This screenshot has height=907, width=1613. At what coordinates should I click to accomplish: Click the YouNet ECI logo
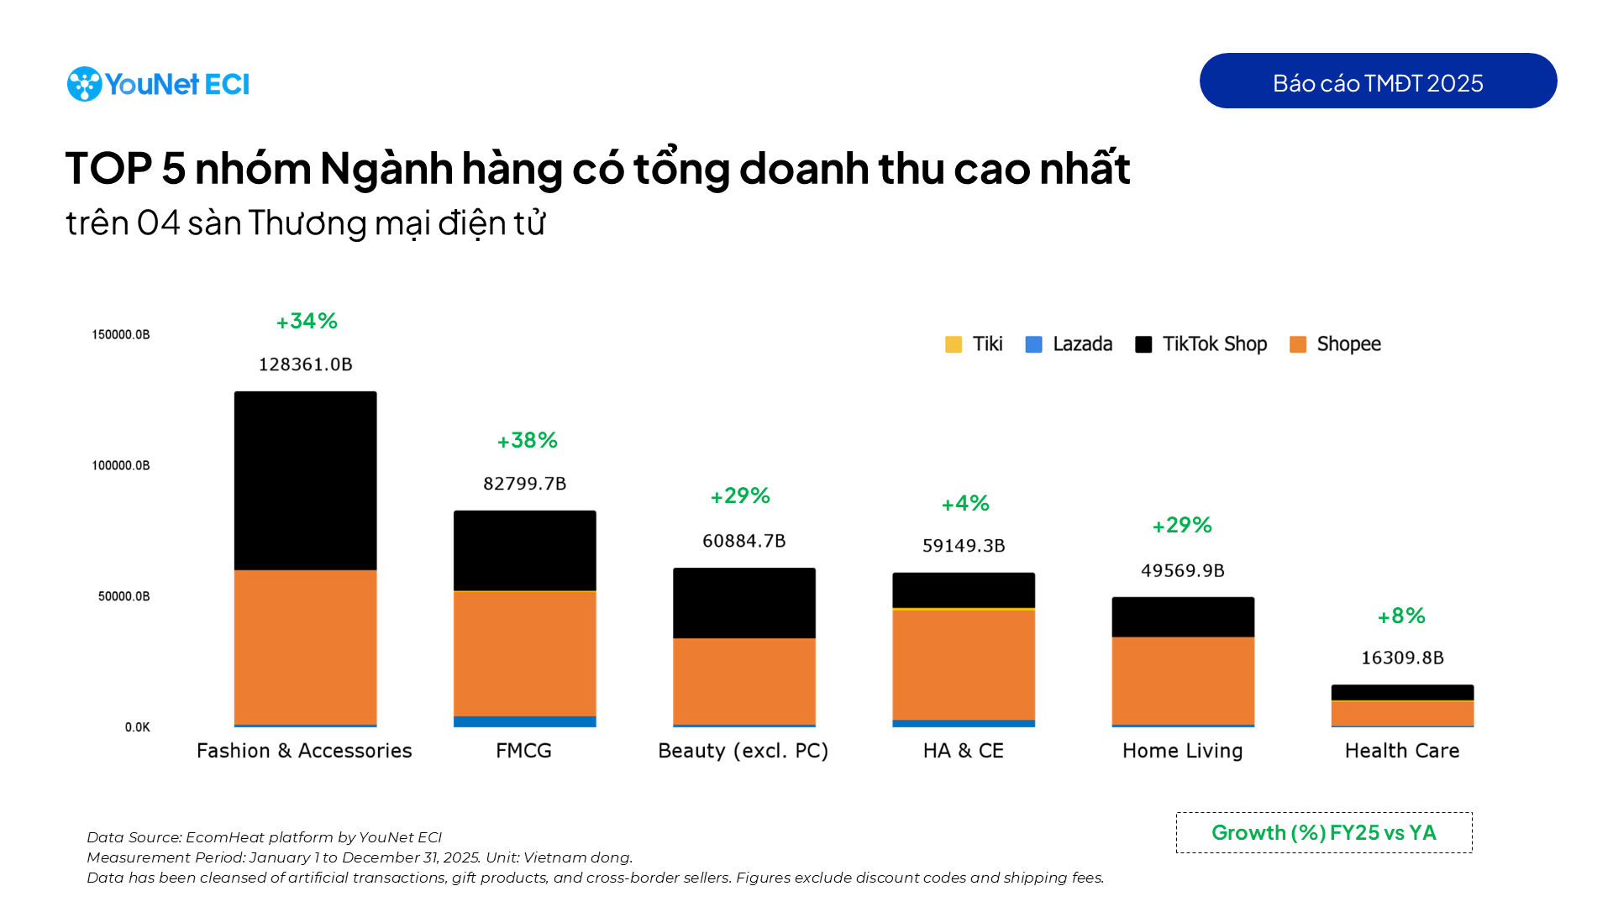[x=158, y=84]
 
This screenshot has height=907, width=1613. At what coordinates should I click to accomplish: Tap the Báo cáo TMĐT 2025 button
[x=1377, y=81]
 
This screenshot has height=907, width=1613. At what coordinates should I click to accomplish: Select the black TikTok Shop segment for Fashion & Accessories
[x=305, y=480]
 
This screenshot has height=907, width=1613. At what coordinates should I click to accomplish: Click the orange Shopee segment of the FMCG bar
[x=524, y=653]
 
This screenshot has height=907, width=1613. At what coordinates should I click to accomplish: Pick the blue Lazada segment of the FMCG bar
[x=524, y=721]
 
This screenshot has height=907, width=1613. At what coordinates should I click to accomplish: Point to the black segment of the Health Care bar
[x=1401, y=692]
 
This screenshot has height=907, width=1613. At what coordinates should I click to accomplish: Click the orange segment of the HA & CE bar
[x=963, y=663]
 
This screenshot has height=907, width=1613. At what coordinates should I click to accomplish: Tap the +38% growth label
[x=527, y=440]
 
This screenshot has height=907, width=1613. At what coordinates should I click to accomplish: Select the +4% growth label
[x=964, y=503]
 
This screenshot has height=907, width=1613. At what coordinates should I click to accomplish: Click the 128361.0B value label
[x=305, y=364]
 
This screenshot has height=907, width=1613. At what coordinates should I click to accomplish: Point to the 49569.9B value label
[x=1182, y=571]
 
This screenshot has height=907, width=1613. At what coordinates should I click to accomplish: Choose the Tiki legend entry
[x=975, y=344]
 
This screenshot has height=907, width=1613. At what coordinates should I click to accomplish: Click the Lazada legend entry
[x=1069, y=344]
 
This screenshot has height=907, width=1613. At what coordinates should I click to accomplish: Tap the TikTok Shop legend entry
[x=1201, y=344]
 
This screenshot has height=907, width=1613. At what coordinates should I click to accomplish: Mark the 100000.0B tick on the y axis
[x=121, y=465]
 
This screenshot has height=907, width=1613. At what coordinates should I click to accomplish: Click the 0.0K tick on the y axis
[x=137, y=727]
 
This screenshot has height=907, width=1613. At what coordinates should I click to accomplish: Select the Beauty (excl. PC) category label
[x=743, y=751]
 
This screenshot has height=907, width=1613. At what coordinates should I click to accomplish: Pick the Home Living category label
[x=1182, y=751]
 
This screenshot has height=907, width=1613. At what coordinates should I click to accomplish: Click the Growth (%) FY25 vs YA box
[x=1323, y=832]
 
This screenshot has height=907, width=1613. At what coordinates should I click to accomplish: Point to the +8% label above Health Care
[x=1400, y=616]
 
